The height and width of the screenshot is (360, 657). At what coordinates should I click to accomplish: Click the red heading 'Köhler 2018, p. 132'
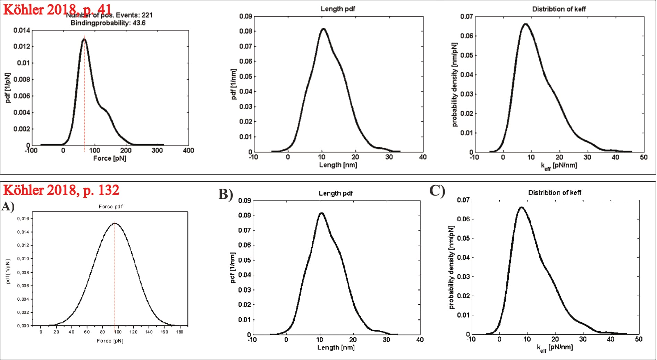[x=61, y=190]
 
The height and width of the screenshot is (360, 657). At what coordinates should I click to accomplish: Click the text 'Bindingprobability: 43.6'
[x=108, y=23]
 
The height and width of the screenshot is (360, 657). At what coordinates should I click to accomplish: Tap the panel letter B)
[x=226, y=194]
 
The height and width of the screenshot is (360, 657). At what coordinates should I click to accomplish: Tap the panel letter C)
[x=437, y=190]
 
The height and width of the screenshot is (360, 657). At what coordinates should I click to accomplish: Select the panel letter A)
[x=8, y=206]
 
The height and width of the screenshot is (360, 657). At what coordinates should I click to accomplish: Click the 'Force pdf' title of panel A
[x=110, y=206]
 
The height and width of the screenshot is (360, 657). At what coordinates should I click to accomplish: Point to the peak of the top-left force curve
[x=84, y=39]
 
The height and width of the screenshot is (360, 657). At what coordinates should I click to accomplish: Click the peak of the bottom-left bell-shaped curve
[x=115, y=223]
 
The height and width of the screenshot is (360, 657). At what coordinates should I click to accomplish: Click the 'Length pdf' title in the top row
[x=337, y=9]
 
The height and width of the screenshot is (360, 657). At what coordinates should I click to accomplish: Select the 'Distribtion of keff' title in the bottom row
[x=554, y=192]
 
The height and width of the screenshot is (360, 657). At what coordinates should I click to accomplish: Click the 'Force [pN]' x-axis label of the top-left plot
[x=110, y=158]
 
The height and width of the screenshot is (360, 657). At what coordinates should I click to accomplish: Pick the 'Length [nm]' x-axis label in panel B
[x=336, y=347]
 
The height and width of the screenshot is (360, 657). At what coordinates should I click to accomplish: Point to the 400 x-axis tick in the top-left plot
[x=188, y=151]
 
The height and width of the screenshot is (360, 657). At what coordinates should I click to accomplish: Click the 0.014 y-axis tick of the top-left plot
[x=22, y=30]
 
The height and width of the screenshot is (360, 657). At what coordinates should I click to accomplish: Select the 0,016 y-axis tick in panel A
[x=23, y=218]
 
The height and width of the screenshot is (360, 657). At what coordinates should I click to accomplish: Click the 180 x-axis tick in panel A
[x=179, y=332]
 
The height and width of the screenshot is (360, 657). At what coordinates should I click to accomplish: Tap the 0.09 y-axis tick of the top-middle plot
[x=245, y=16]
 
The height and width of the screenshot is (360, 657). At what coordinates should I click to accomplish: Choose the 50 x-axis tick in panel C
[x=638, y=339]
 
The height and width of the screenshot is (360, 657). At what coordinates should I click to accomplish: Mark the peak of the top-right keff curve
[x=525, y=24]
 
